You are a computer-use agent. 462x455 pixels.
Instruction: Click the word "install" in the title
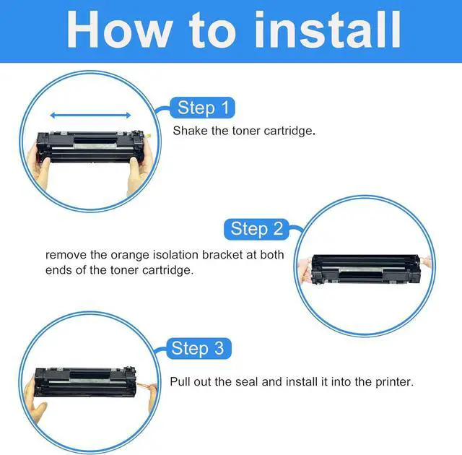pyautogui.click(x=328, y=29)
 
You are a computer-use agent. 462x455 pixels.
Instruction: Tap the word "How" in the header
pyautogui.click(x=118, y=29)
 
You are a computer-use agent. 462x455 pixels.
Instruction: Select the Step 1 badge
pyautogui.click(x=203, y=108)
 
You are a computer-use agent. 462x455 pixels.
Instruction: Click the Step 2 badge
pyautogui.click(x=256, y=229)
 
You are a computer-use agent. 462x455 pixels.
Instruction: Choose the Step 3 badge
pyautogui.click(x=199, y=348)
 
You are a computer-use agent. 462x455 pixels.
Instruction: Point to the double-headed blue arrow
pyautogui.click(x=90, y=116)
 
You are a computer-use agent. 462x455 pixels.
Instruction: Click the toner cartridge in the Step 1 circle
pyautogui.click(x=92, y=147)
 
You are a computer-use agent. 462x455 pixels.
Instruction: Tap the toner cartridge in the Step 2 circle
pyautogui.click(x=366, y=269)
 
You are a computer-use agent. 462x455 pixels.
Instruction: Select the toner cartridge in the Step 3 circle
pyautogui.click(x=85, y=381)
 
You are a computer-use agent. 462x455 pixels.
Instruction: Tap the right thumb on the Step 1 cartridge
pyautogui.click(x=134, y=165)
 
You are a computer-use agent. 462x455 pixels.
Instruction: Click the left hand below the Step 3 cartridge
pyautogui.click(x=34, y=402)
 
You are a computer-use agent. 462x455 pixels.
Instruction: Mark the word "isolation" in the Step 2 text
pyautogui.click(x=175, y=255)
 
